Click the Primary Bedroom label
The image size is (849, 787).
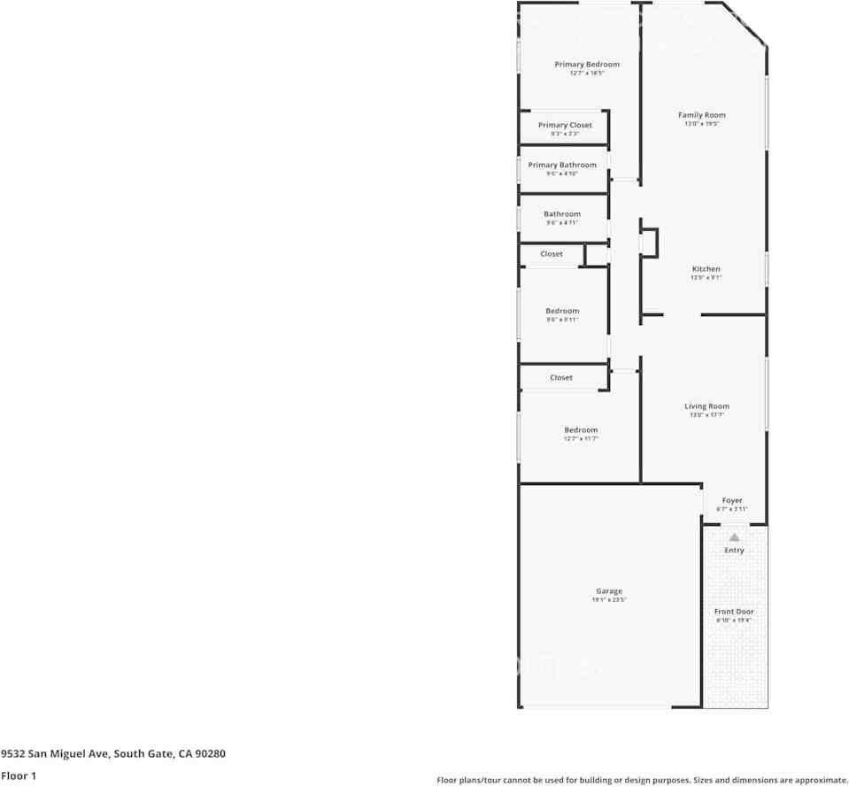pyautogui.click(x=587, y=65)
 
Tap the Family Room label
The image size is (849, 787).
pyautogui.click(x=702, y=115)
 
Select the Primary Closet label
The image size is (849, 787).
pyautogui.click(x=565, y=126)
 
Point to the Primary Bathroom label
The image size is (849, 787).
pyautogui.click(x=562, y=166)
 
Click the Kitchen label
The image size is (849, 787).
pyautogui.click(x=706, y=269)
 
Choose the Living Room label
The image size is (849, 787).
pyautogui.click(x=706, y=406)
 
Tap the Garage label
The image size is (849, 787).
pyautogui.click(x=609, y=591)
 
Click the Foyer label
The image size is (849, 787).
pyautogui.click(x=732, y=501)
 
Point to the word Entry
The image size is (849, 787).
pyautogui.click(x=734, y=551)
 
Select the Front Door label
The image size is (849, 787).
pyautogui.click(x=734, y=612)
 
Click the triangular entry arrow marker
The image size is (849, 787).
pyautogui.click(x=734, y=537)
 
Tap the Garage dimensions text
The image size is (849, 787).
pyautogui.click(x=609, y=600)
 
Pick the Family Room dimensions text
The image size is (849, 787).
pyautogui.click(x=702, y=124)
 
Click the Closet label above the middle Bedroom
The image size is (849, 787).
pyautogui.click(x=552, y=254)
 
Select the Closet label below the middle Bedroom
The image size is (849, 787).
pyautogui.click(x=561, y=378)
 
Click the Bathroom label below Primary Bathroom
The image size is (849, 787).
pyautogui.click(x=562, y=214)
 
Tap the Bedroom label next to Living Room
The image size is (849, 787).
pyautogui.click(x=581, y=430)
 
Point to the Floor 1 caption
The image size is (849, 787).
pyautogui.click(x=19, y=776)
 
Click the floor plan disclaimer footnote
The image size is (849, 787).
pyautogui.click(x=642, y=780)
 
